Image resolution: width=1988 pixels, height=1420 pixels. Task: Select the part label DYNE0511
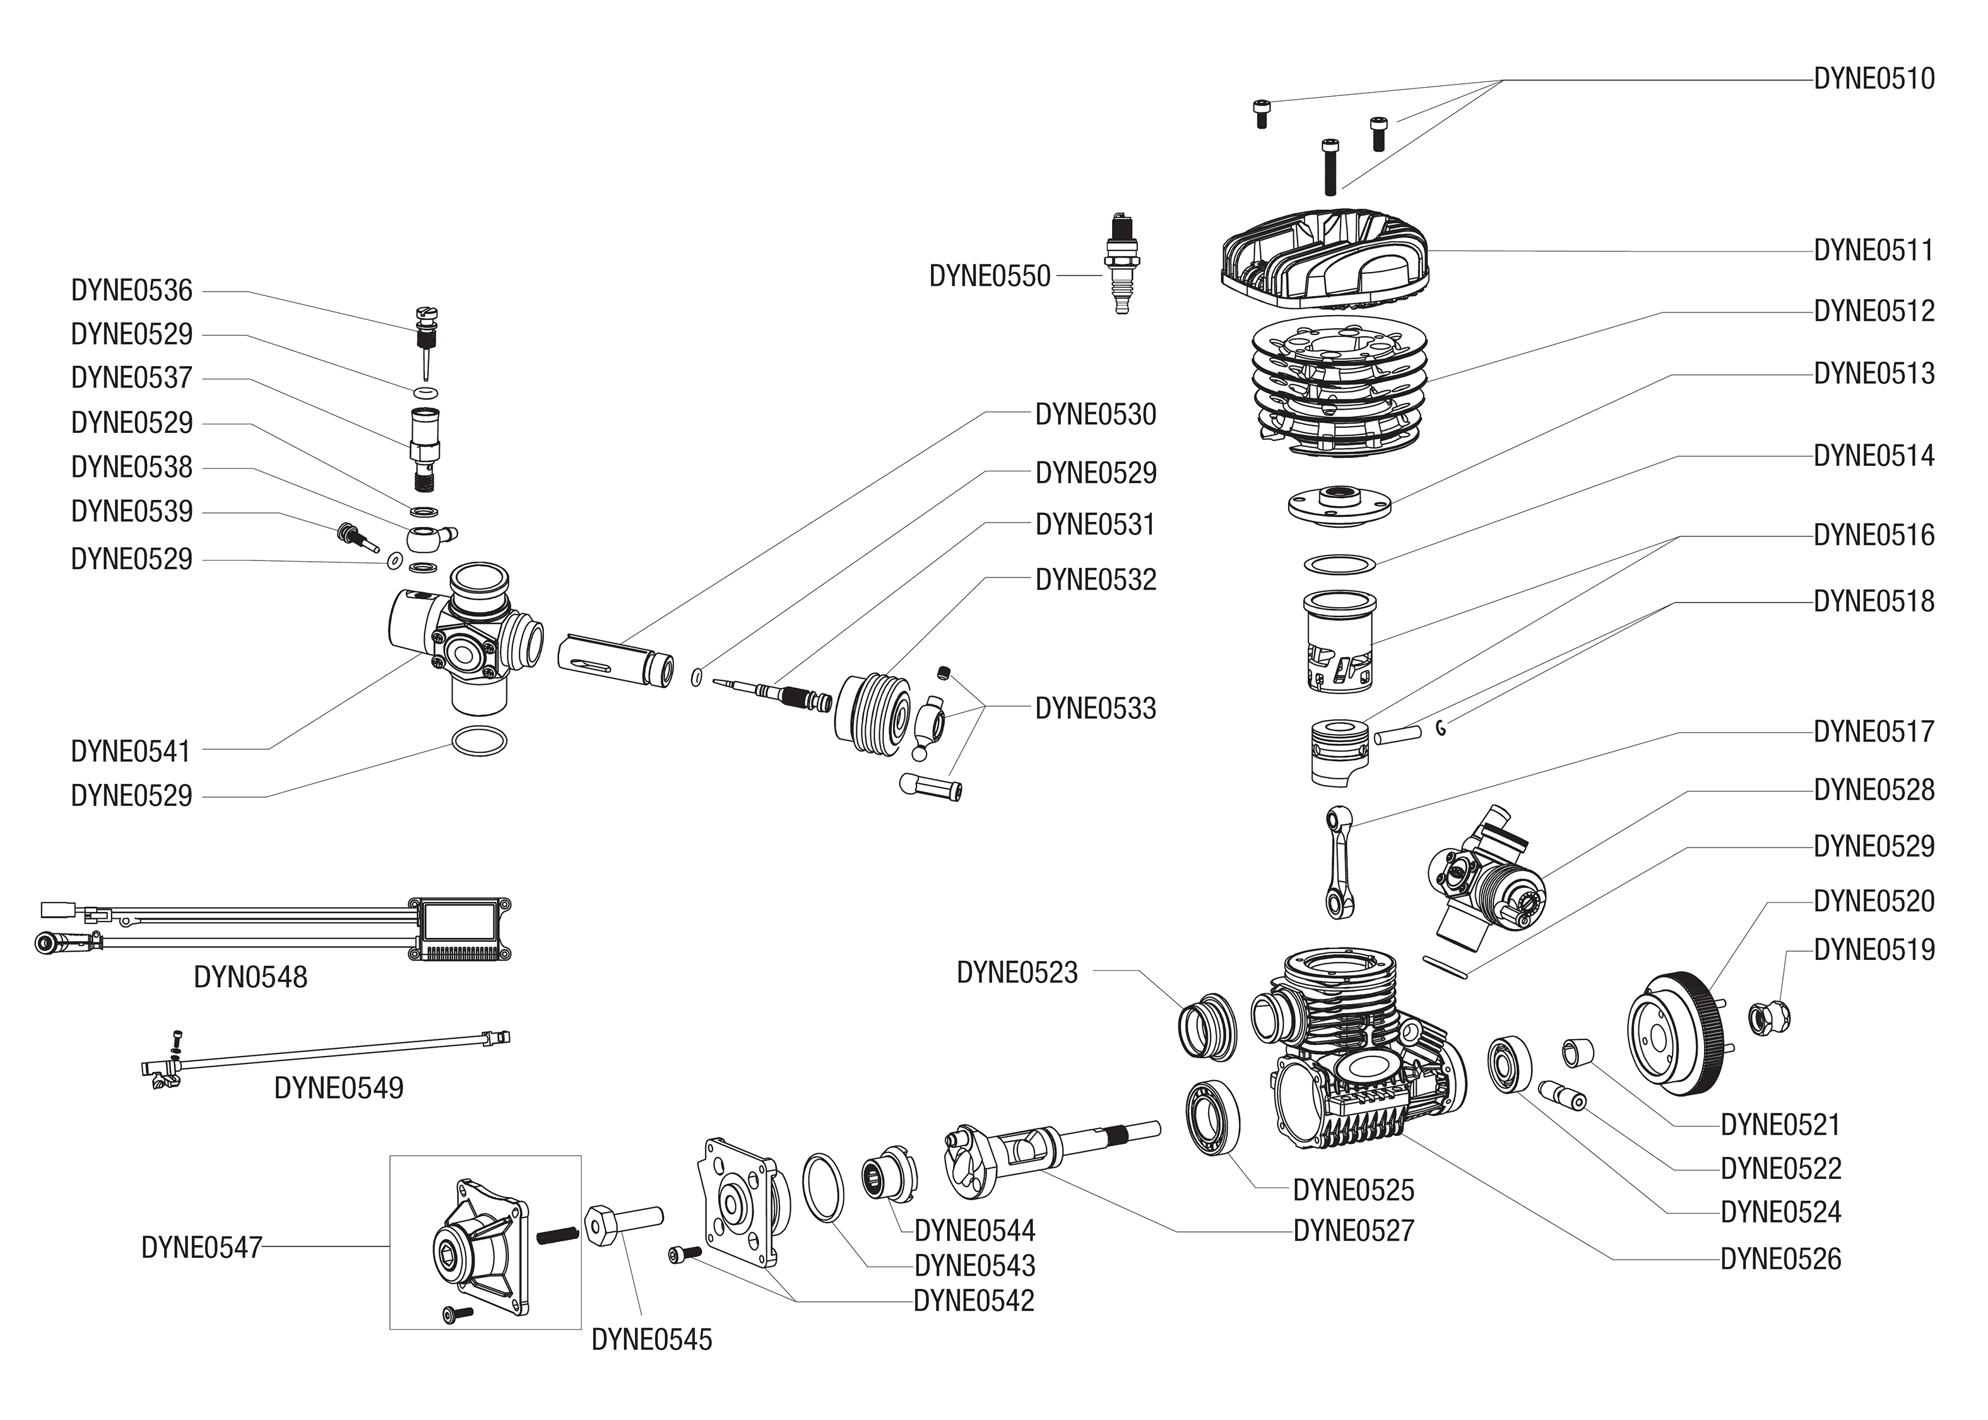pos(1874,251)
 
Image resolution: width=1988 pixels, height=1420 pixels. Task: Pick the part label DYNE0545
pos(651,1340)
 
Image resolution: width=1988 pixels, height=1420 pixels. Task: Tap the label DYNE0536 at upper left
pos(131,290)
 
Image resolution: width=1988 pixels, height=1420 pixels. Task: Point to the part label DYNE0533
pos(1096,708)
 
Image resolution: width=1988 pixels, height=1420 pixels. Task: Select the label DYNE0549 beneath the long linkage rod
pos(338,1088)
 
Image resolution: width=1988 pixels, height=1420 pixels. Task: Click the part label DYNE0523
pos(1017,973)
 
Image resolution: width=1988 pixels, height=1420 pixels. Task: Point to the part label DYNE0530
pos(1096,415)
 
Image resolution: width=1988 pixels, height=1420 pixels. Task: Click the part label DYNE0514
pos(1874,456)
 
